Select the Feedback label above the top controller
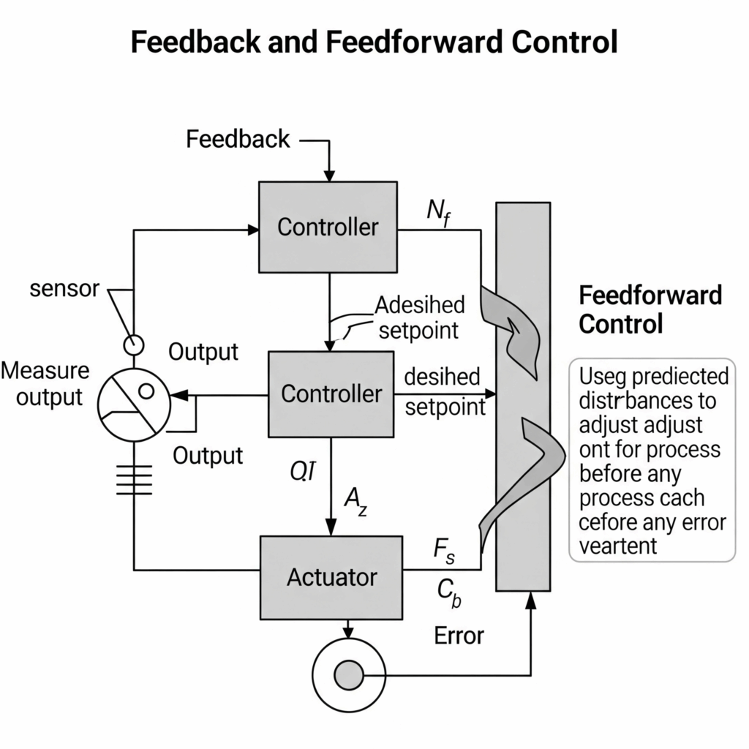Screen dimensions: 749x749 (x=238, y=139)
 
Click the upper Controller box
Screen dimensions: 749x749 (x=328, y=227)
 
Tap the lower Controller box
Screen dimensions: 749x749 (x=331, y=394)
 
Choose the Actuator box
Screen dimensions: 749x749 (x=331, y=577)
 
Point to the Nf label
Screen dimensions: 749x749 (x=439, y=212)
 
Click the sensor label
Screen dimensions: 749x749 (x=64, y=289)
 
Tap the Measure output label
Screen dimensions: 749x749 (x=45, y=384)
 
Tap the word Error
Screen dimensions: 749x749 (x=459, y=635)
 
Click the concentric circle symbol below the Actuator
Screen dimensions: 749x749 (x=349, y=674)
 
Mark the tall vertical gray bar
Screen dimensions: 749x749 (x=523, y=396)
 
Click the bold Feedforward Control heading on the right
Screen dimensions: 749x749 (x=650, y=309)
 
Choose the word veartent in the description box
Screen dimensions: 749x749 (x=618, y=546)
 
